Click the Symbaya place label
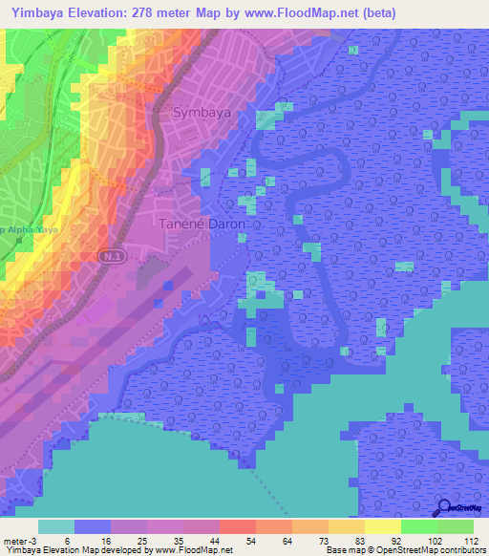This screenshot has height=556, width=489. coord(202,113)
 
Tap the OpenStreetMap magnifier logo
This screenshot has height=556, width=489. coord(444,509)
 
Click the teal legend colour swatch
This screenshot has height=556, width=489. coord(56,526)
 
